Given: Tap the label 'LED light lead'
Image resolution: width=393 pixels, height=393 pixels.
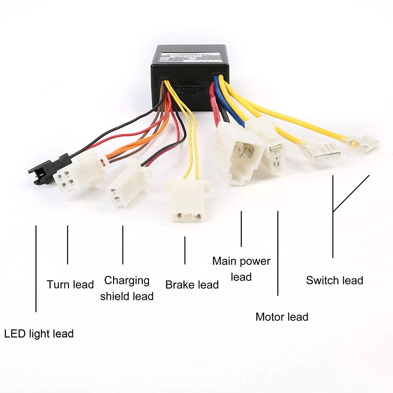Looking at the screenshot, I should click(x=39, y=334).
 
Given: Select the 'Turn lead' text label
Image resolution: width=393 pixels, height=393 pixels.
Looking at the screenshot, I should click(x=70, y=284).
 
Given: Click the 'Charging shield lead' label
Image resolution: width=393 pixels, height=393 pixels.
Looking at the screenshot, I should click(x=127, y=288).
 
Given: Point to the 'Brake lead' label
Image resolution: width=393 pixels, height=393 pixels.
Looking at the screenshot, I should click(x=192, y=285).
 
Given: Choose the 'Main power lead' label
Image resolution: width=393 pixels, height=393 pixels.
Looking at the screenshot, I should click(x=241, y=269).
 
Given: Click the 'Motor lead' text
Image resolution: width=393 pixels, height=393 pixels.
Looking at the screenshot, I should click(x=282, y=316).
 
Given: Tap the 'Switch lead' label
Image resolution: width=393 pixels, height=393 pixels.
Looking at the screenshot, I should click(x=335, y=280).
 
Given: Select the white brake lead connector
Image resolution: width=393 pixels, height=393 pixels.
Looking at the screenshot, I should click(x=187, y=200).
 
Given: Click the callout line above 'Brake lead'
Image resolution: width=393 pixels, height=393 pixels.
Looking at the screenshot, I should click(x=185, y=250).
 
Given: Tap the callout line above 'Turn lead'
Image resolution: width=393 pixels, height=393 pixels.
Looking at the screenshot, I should click(x=68, y=245).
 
